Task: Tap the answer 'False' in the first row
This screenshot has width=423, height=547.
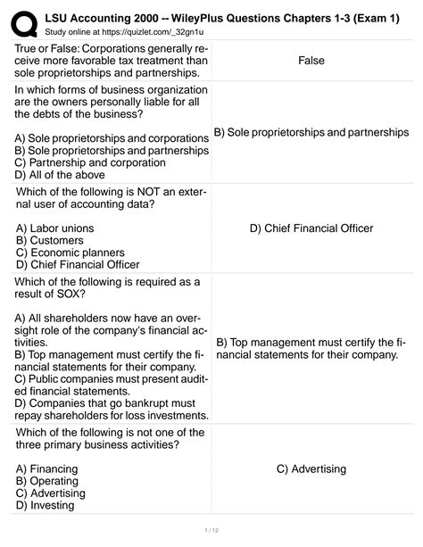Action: [311, 61]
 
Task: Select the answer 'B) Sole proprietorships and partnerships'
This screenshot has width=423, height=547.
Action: [311, 132]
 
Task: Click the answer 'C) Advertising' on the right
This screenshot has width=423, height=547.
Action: [311, 468]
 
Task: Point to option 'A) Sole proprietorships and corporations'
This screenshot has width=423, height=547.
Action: [112, 139]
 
